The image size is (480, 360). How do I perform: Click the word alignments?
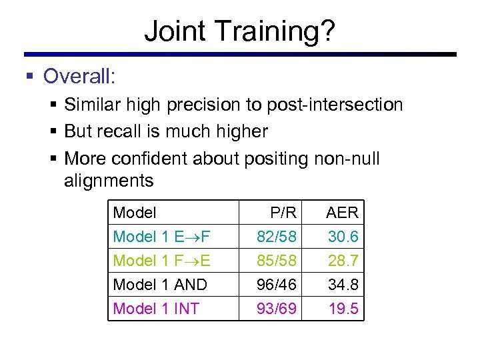tap(109, 180)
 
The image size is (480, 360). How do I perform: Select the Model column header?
tap(135, 213)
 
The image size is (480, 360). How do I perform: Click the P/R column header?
tap(283, 213)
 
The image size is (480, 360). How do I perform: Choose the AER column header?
tap(342, 213)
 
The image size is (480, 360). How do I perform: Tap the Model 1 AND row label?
tap(160, 285)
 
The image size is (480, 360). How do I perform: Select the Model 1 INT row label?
tap(156, 309)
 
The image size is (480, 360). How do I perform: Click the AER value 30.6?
tap(343, 237)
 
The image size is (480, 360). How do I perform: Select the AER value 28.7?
tap(343, 260)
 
